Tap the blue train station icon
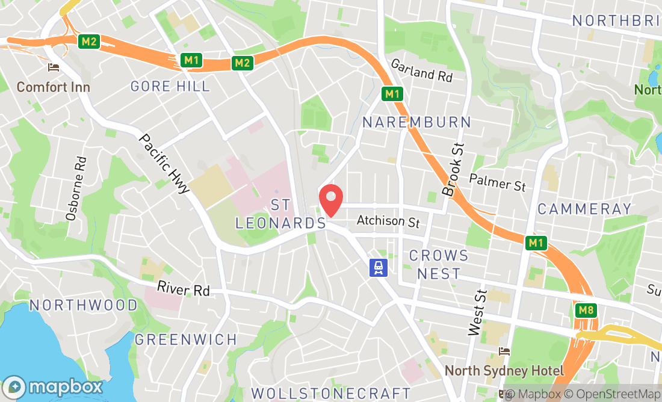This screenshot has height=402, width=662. [x=378, y=267]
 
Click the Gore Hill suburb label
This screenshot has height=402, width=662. [x=170, y=86]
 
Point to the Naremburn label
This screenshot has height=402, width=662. [x=417, y=122]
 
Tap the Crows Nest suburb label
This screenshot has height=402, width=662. [x=439, y=264]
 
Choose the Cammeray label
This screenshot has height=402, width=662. [x=584, y=209]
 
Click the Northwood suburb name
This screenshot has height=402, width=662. [x=84, y=305]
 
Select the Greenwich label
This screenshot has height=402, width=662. [x=186, y=339]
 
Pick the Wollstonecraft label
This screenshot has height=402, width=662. [x=330, y=394]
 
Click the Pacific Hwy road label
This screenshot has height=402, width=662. [x=164, y=163]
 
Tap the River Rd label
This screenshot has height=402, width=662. [x=184, y=289]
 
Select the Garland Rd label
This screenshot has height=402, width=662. [x=421, y=70]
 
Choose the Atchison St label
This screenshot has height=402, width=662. [x=388, y=221]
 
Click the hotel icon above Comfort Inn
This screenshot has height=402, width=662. [x=54, y=67]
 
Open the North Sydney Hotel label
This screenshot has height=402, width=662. [x=504, y=371]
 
